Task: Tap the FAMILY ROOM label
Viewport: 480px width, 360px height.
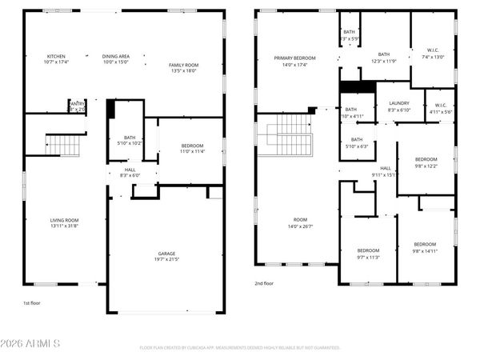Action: point(183,66)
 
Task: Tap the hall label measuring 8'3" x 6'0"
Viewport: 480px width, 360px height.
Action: point(128,172)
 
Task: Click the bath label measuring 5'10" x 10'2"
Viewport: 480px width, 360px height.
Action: point(129,140)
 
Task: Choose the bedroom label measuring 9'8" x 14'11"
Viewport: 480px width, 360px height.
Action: point(425,246)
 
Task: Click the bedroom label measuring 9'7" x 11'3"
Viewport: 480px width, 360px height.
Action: point(368,254)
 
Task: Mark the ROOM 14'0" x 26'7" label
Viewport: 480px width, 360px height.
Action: point(301,222)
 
